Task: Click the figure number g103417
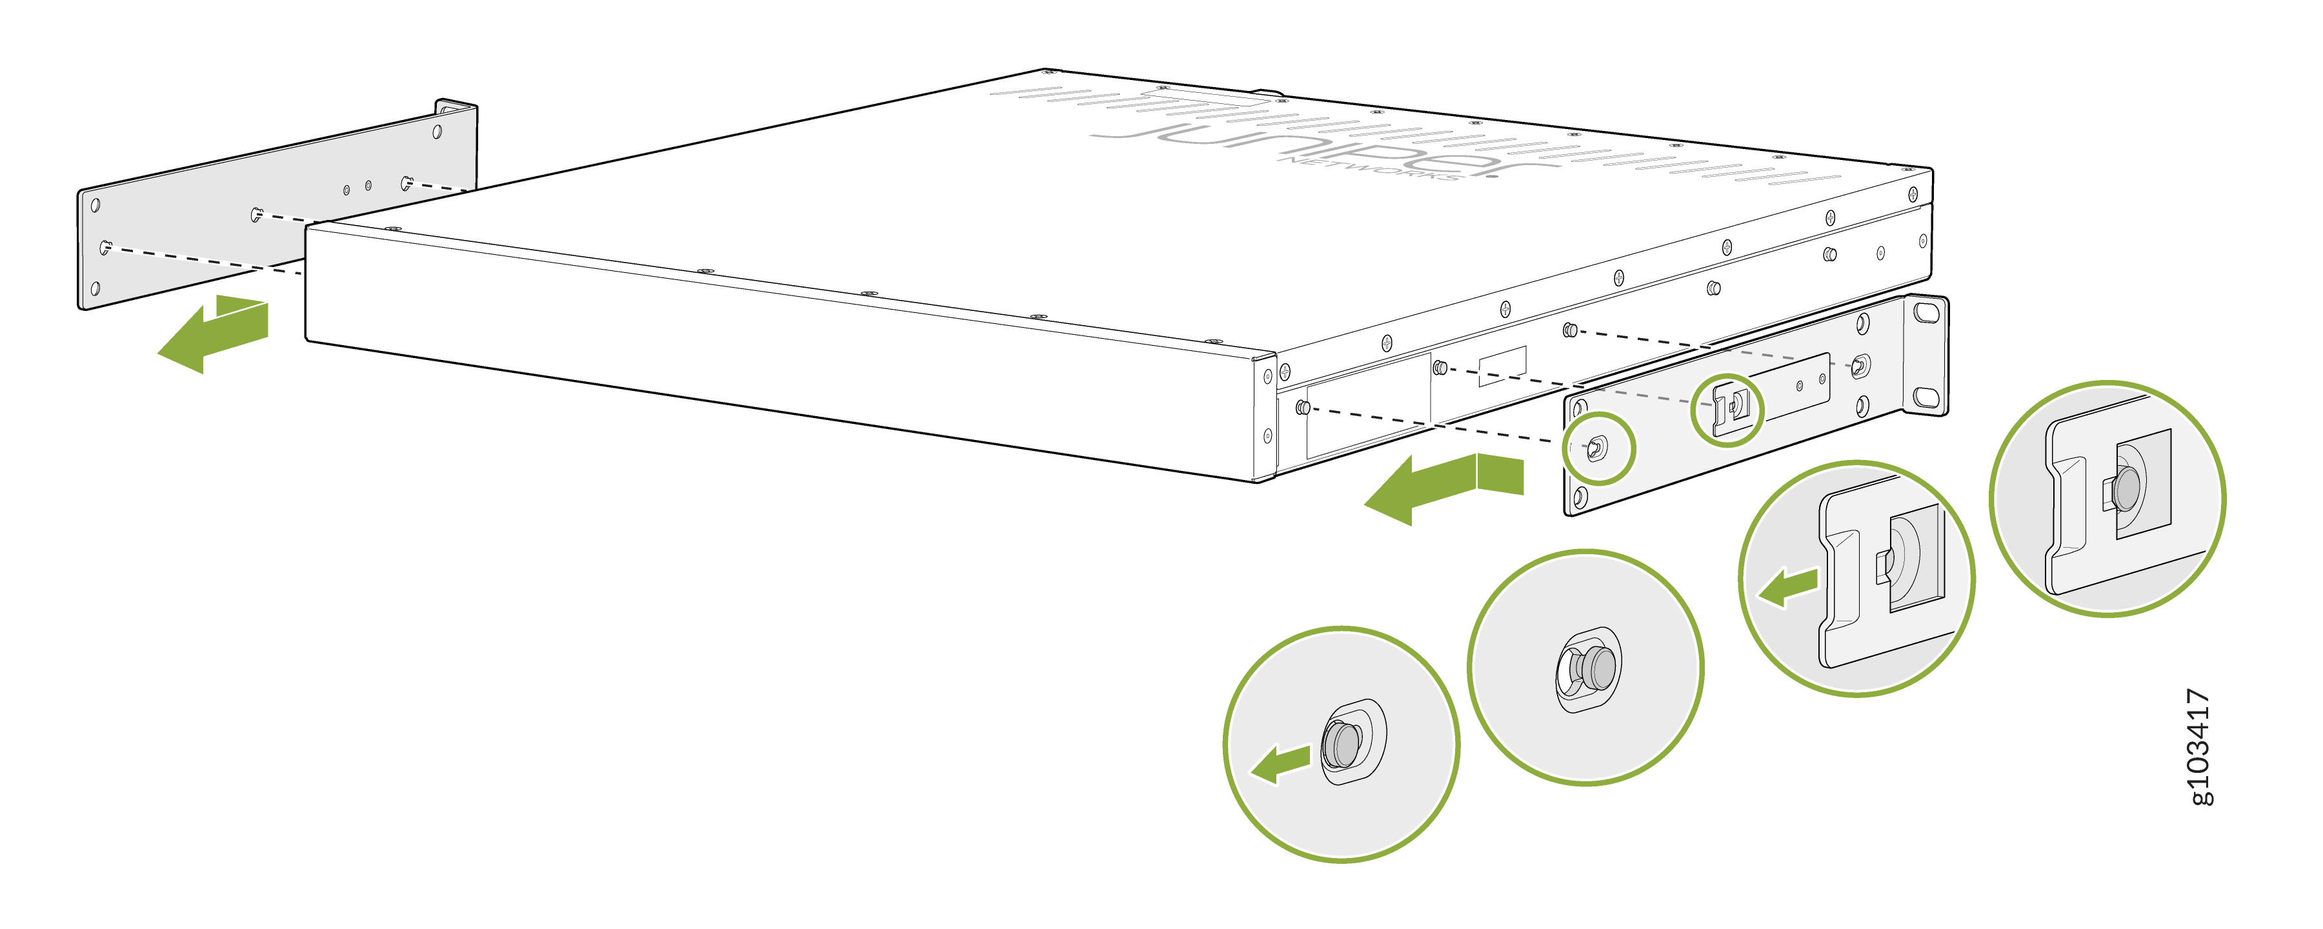pyautogui.click(x=2200, y=747)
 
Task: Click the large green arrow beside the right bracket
pyautogui.click(x=1443, y=487)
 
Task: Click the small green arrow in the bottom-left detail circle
pyautogui.click(x=1280, y=764)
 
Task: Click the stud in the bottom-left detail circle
pyautogui.click(x=1343, y=744)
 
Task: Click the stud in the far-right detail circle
pyautogui.click(x=2125, y=488)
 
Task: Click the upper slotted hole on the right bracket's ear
pyautogui.click(x=1926, y=312)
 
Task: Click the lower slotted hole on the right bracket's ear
pyautogui.click(x=1926, y=397)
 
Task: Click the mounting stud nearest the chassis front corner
pyautogui.click(x=1302, y=408)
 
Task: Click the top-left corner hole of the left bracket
pyautogui.click(x=95, y=206)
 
